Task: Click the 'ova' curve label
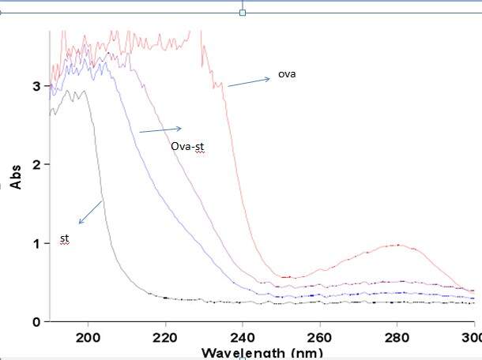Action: [x=286, y=75]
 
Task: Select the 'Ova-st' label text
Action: [x=187, y=145]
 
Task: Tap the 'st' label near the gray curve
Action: [x=65, y=238]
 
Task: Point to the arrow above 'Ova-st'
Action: [x=160, y=129]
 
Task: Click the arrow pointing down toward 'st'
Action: [x=90, y=212]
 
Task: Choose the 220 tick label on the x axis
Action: [x=165, y=336]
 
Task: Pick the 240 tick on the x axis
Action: [x=243, y=336]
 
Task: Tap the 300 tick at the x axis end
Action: [x=469, y=336]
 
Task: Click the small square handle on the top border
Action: [x=243, y=13]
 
